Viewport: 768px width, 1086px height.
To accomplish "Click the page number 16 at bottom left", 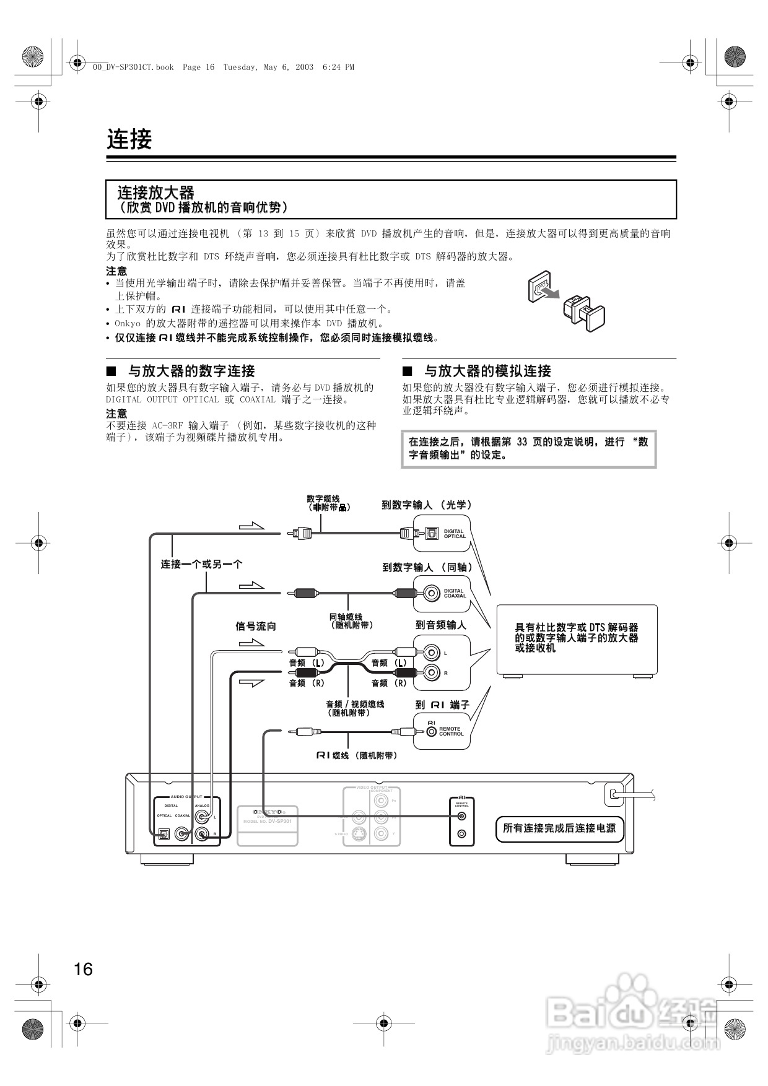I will (83, 969).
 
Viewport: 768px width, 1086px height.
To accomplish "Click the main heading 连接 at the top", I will (129, 139).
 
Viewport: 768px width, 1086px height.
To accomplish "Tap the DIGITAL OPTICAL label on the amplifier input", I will (455, 534).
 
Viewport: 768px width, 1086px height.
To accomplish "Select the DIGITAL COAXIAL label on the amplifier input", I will (455, 593).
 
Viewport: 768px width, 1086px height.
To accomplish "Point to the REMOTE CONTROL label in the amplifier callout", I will (451, 731).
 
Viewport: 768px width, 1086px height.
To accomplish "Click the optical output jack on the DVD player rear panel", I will (164, 834).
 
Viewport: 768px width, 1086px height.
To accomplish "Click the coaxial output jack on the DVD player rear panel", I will (182, 834).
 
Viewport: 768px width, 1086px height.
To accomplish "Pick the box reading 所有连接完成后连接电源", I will (559, 828).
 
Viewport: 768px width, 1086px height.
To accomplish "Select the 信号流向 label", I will (256, 626).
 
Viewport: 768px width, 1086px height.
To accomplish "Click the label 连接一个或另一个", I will (202, 564).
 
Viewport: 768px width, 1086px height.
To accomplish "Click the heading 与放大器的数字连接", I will (191, 371).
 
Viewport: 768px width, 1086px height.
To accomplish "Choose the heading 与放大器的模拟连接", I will (487, 371).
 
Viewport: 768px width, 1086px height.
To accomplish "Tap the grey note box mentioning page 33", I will (528, 449).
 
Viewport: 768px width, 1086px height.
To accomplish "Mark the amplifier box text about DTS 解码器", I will (577, 638).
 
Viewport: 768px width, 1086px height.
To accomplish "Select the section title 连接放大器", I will (156, 193).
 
